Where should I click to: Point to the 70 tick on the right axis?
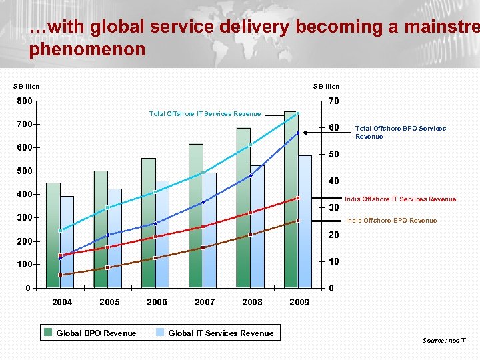point(334,101)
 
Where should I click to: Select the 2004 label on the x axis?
point(62,302)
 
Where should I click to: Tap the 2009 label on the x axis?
point(299,302)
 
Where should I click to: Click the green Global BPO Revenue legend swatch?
point(48,333)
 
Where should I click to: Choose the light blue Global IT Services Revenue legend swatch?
point(160,333)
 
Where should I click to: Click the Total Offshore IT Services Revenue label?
point(205,113)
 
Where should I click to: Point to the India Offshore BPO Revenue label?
point(391,220)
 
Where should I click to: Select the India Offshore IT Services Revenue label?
point(400,199)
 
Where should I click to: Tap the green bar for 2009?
point(290,200)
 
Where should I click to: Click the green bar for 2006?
point(148,223)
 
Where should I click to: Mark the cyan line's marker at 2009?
point(298,113)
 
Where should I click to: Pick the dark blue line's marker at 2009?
point(298,133)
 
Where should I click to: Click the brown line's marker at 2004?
point(60,275)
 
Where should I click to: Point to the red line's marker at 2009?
point(298,198)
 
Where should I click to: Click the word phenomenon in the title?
point(87,49)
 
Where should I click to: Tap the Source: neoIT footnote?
point(444,340)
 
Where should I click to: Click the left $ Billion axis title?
point(27,86)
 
